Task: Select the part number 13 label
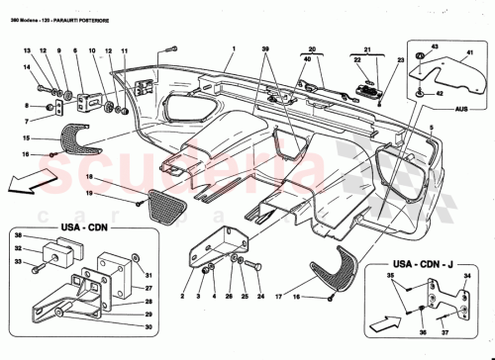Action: pyautogui.click(x=29, y=49)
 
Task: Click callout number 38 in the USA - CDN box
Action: pyautogui.click(x=18, y=234)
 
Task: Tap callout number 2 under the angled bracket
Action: pyautogui.click(x=183, y=296)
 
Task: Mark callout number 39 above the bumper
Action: pyautogui.click(x=265, y=49)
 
